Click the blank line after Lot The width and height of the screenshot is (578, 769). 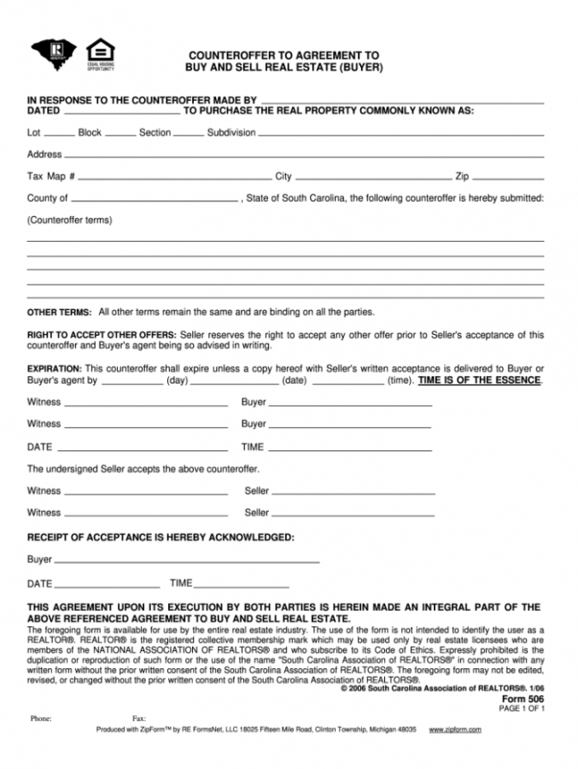[x=59, y=135]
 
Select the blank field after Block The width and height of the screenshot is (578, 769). [x=120, y=135]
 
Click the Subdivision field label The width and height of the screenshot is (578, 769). [x=231, y=132]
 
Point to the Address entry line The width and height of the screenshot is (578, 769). [x=303, y=156]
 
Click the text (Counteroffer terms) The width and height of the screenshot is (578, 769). [x=70, y=220]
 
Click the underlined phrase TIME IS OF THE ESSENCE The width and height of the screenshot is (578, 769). [x=479, y=380]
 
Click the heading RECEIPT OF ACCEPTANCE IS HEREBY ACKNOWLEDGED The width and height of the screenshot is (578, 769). [x=161, y=537]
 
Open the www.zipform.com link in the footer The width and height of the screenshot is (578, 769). [x=455, y=729]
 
